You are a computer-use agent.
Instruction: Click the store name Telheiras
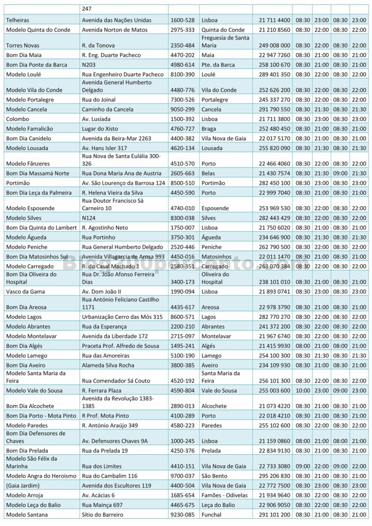point(18,20)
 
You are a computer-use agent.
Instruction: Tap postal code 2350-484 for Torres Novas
point(182,45)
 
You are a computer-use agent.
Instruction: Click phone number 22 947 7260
point(275,55)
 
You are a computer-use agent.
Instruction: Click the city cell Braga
point(210,129)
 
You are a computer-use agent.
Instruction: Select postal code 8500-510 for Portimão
point(182,183)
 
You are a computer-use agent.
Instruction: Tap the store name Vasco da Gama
point(25,291)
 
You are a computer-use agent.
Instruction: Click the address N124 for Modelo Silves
point(89,218)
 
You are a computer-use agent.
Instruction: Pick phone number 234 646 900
point(275,237)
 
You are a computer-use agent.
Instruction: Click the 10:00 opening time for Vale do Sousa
point(303,391)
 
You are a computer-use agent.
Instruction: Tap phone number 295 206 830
point(275,476)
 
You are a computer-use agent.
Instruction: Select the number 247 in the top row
point(87,9)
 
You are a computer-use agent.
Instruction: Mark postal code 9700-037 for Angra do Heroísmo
point(182,476)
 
